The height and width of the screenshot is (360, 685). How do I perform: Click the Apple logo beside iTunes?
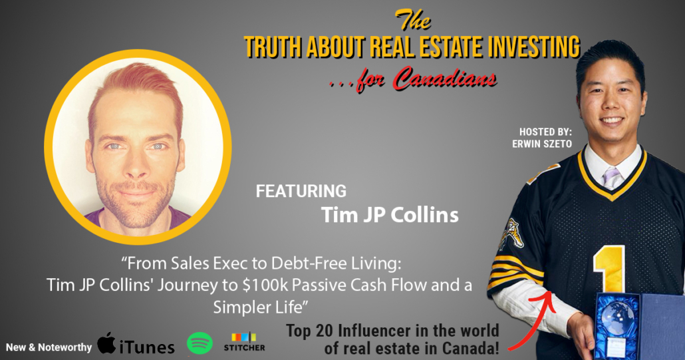(106, 343)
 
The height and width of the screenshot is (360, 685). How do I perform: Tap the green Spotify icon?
(200, 343)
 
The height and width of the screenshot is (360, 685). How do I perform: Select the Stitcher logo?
(244, 342)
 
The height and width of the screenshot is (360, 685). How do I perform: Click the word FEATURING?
(301, 192)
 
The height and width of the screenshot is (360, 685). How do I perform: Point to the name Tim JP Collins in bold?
(390, 214)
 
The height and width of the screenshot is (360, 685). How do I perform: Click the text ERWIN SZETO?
(542, 144)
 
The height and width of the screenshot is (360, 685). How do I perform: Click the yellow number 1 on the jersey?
(609, 270)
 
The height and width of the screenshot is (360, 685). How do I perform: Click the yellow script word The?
(412, 20)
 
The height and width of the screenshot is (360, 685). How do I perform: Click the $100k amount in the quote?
(265, 285)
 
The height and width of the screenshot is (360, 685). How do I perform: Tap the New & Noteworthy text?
(49, 348)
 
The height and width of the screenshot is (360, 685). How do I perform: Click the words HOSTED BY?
(545, 132)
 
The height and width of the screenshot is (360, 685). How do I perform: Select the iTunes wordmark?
(147, 347)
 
